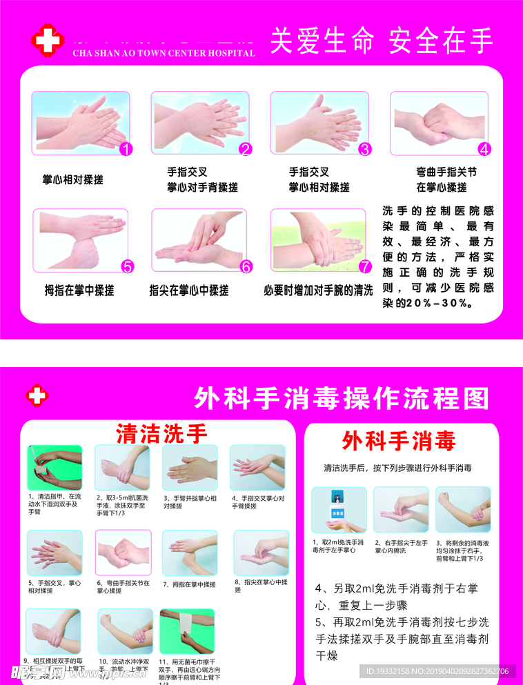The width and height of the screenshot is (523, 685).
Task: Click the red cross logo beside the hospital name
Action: coord(47,40)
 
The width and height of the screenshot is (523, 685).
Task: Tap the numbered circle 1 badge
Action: coord(126,148)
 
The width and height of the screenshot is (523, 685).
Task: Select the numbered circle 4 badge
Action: coord(484,148)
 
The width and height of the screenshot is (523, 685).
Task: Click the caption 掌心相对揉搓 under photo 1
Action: coord(72,179)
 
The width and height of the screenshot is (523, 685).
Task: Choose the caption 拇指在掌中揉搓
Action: coord(79,290)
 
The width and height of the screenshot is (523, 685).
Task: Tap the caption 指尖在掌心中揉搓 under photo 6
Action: coord(189,290)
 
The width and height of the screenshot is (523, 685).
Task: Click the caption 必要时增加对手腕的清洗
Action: coord(318,290)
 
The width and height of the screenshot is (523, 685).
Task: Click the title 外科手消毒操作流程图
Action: coord(342,398)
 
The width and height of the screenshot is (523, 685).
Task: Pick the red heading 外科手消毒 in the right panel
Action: coord(399,440)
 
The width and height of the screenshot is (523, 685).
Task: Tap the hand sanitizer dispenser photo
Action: coord(338,510)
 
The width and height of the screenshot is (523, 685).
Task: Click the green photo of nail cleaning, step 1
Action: coord(55,467)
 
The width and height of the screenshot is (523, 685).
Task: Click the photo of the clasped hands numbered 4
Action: coord(440,121)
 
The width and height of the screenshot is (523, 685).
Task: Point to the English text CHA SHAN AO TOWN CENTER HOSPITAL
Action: coord(163,53)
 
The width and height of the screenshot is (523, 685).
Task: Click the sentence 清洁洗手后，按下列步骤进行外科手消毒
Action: coord(398,468)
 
